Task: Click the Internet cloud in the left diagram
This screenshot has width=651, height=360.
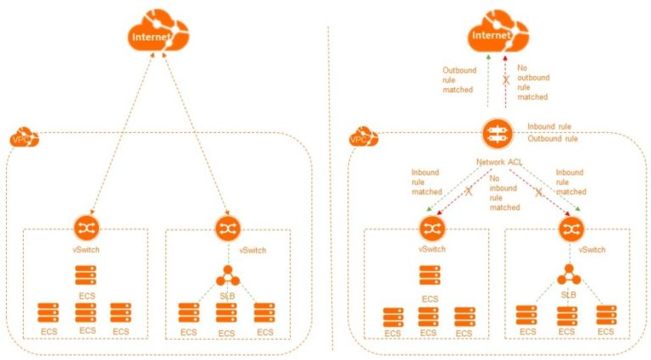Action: [159, 35]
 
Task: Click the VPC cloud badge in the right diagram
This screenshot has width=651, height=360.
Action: [359, 136]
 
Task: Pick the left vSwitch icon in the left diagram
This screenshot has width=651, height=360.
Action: [87, 226]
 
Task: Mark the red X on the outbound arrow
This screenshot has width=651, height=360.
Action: [507, 80]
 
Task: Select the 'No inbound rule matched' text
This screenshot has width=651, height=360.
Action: [504, 193]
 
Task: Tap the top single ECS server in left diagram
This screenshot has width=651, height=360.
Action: [86, 275]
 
